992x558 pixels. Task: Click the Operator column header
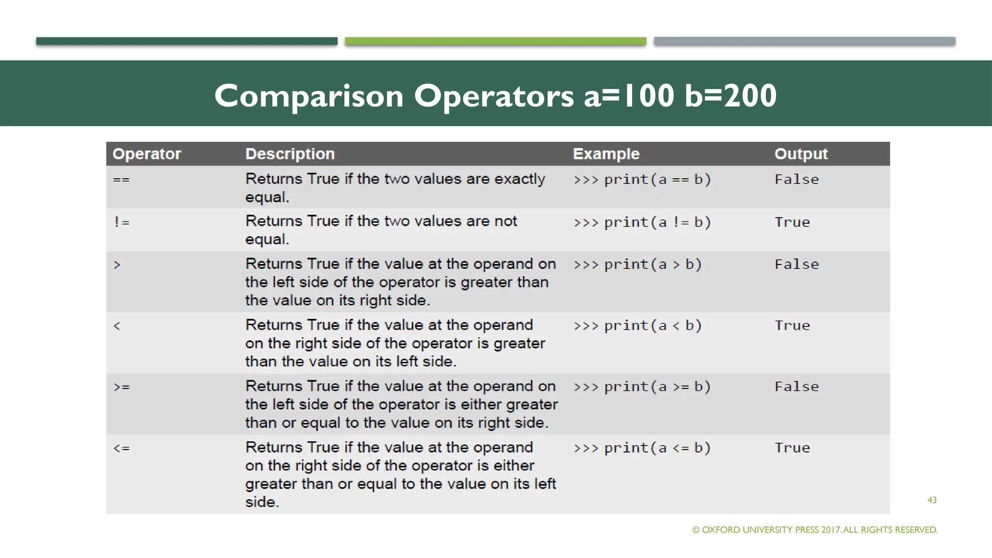click(147, 154)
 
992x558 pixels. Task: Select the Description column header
click(290, 154)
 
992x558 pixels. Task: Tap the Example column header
click(606, 154)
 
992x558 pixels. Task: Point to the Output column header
click(801, 154)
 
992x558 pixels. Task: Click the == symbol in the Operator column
click(121, 180)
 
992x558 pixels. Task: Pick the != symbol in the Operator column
click(122, 222)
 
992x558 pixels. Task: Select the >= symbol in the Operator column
click(122, 387)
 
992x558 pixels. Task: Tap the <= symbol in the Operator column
click(122, 448)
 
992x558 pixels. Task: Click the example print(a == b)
click(642, 180)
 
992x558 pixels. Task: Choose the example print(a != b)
click(642, 222)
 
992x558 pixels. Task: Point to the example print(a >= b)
click(642, 387)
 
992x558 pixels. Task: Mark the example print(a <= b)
click(642, 448)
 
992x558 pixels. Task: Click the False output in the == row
click(796, 180)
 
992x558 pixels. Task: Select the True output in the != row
click(792, 222)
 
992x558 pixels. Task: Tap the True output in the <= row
click(792, 448)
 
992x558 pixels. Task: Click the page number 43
click(932, 500)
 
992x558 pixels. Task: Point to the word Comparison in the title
click(309, 96)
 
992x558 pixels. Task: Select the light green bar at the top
click(496, 41)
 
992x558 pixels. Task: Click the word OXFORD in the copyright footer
click(721, 530)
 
